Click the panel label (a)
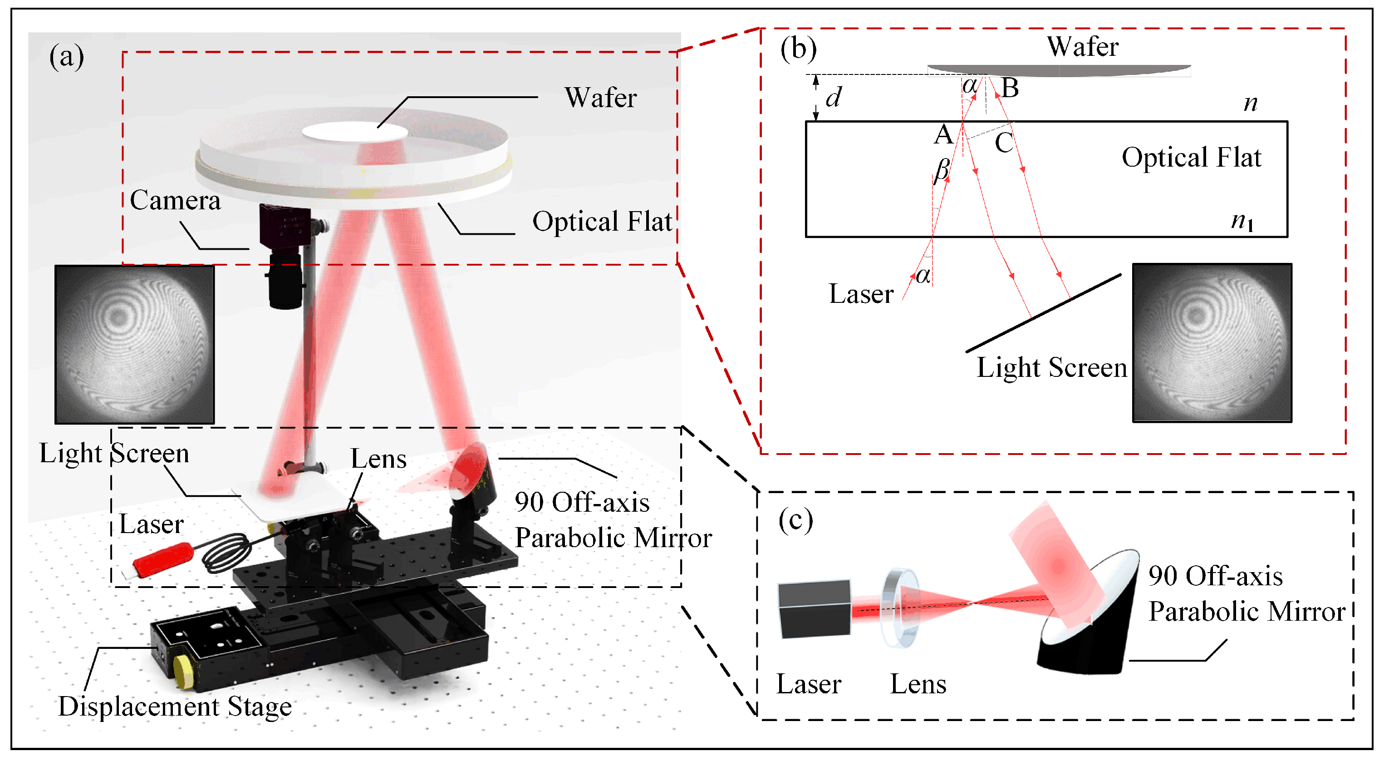click(x=67, y=56)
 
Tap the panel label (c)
click(x=796, y=520)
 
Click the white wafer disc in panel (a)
click(x=354, y=132)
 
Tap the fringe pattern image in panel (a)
click(x=134, y=345)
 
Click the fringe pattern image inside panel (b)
click(x=1212, y=343)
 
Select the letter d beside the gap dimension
click(x=833, y=98)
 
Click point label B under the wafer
click(x=1010, y=88)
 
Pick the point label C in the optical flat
click(x=1004, y=143)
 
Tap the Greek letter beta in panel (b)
click(x=941, y=170)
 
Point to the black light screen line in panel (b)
click(x=1042, y=314)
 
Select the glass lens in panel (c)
click(x=899, y=607)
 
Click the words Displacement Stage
click(x=175, y=706)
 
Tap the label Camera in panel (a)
click(x=175, y=200)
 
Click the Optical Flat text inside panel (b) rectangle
click(x=1191, y=158)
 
